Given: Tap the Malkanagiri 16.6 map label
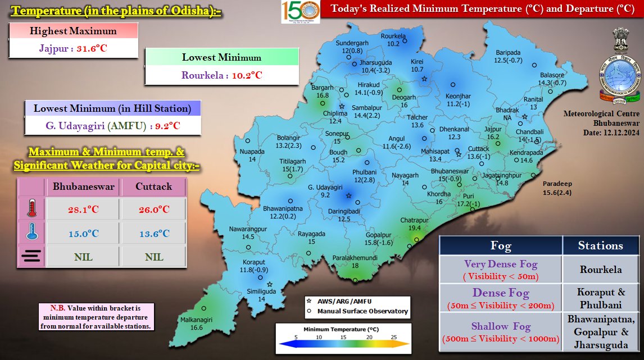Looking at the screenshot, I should pos(188,323).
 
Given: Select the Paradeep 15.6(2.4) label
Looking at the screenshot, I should pos(556,189).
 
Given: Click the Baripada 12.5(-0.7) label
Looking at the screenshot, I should pos(508,56).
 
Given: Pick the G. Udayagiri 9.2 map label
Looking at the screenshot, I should pos(325,191).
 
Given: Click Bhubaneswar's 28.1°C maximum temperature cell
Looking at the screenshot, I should pos(83,209).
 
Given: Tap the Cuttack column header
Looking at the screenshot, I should pos(153,186).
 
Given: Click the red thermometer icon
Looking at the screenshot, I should pos(31,209).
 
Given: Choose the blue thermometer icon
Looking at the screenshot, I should pos(31,233).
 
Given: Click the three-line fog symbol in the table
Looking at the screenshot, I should pos(31,257).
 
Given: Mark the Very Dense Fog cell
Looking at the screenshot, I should pos(500,270).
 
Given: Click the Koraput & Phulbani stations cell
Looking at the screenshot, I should pos(601,298).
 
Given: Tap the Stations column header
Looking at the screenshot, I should pos(601,245).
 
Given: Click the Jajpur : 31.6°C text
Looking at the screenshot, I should pos(73,48).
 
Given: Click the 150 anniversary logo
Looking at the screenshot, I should pos(300,11).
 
